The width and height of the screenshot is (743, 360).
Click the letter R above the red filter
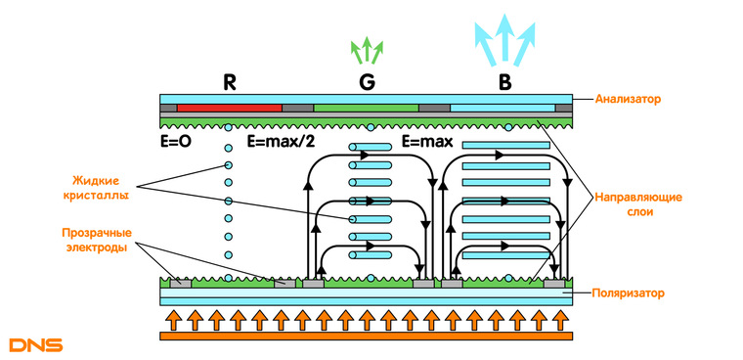230,83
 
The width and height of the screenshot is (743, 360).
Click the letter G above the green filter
368,83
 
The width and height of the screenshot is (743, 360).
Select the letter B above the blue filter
505,83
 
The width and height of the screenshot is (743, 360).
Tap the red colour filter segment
230,109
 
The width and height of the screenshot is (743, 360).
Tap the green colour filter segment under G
366,109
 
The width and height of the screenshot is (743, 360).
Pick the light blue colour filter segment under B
503,109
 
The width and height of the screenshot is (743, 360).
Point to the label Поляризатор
628,293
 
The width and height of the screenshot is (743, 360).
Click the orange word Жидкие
95,181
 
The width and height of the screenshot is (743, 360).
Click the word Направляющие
638,197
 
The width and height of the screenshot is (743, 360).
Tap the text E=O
176,142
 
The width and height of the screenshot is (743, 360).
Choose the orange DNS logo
36,344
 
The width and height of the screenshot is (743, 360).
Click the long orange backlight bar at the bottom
366,337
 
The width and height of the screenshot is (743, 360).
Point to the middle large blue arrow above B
505,37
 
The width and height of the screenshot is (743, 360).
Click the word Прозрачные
97,233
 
